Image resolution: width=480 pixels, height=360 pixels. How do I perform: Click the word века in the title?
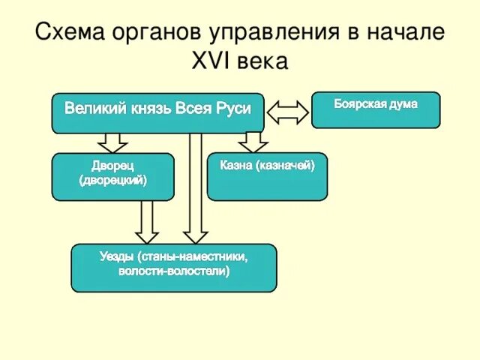click(x=262, y=61)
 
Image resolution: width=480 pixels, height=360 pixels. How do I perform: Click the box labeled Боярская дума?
click(x=376, y=109)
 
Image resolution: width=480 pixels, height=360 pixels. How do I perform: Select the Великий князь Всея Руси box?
click(x=157, y=113)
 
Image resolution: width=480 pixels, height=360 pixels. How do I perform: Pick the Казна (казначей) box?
click(x=267, y=176)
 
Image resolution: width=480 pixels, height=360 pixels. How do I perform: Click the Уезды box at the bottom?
click(x=173, y=268)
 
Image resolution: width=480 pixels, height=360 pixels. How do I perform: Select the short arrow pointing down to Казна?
click(x=253, y=142)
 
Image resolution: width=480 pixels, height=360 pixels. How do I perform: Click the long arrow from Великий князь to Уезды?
click(x=196, y=187)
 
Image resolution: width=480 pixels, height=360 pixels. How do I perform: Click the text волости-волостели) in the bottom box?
click(x=173, y=271)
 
